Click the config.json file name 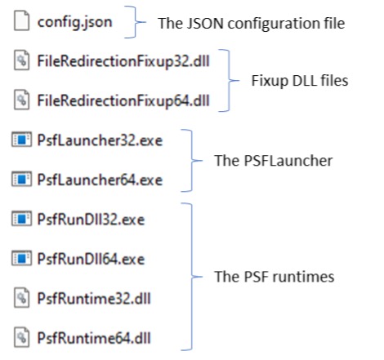tap(74, 23)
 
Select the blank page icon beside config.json tap(21, 20)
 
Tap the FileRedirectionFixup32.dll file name tap(123, 61)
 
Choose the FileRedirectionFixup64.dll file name tap(123, 101)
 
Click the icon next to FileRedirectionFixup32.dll tap(21, 60)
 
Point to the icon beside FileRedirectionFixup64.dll tap(21, 100)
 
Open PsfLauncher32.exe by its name tap(100, 140)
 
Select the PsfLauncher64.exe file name tap(100, 180)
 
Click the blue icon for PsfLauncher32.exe tap(21, 140)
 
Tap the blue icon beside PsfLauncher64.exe tap(21, 179)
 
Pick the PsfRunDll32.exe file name tap(91, 220)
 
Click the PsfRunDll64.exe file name tap(91, 259)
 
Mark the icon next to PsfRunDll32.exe tap(21, 219)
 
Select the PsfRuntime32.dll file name tap(94, 299)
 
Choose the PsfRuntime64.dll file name tap(94, 338)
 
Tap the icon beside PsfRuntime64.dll tap(21, 337)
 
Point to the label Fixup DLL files tap(300, 81)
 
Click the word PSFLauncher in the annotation tap(288, 161)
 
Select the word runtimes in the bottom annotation tap(303, 277)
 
